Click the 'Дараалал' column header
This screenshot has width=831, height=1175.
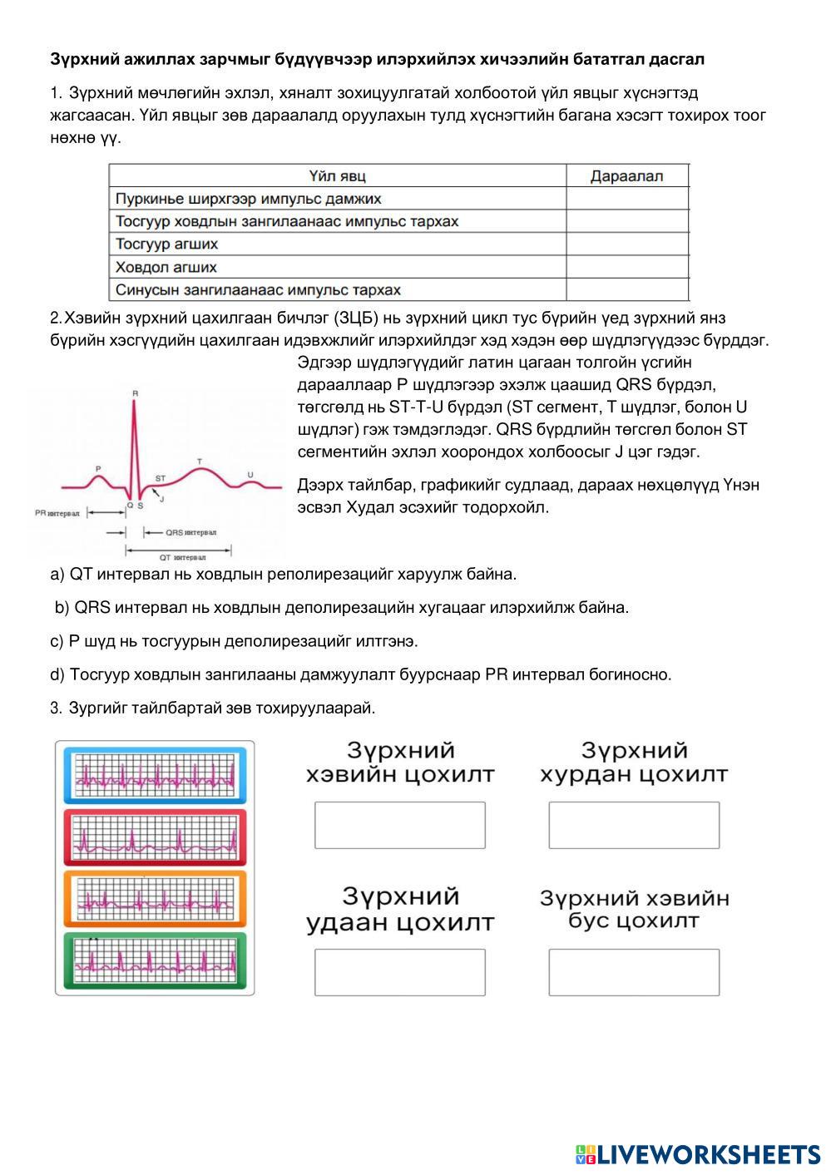[x=626, y=175]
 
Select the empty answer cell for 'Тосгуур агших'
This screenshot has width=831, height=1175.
[x=626, y=244]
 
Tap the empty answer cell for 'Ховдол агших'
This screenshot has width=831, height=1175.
[x=626, y=267]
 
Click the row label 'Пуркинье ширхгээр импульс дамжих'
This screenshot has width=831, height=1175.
[x=249, y=199]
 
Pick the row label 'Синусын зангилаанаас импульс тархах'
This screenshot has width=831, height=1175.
[x=258, y=290]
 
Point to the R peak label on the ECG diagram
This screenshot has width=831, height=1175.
[x=135, y=392]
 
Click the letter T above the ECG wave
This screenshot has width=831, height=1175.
[x=199, y=460]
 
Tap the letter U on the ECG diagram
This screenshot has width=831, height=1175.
[x=250, y=474]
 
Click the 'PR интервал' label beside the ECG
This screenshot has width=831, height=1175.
[x=57, y=513]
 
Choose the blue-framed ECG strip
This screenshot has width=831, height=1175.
[x=155, y=775]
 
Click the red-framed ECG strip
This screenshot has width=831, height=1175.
[x=155, y=837]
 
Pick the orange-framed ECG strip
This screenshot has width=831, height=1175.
[x=155, y=898]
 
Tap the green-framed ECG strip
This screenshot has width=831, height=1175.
[x=155, y=960]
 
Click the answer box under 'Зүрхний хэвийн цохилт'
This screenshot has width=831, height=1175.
[x=399, y=825]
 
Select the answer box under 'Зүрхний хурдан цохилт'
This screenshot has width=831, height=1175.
[x=634, y=825]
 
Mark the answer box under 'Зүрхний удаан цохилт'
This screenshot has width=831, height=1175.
[x=399, y=972]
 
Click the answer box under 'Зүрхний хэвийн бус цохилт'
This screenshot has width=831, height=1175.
[x=634, y=972]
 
